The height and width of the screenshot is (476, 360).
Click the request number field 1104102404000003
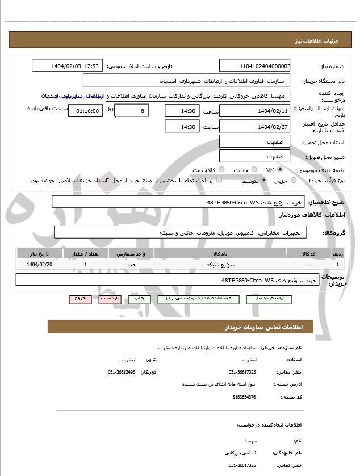(255, 66)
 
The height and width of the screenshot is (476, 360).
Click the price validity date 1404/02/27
(255, 126)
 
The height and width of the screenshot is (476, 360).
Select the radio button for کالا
(280, 169)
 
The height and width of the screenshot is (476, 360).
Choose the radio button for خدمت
(254, 169)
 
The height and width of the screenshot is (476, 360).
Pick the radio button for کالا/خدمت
(221, 169)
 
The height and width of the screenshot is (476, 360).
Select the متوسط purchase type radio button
(264, 180)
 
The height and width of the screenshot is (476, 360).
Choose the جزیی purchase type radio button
(294, 180)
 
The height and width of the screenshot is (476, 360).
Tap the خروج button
(80, 298)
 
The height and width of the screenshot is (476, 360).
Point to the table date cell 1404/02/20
(39, 265)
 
